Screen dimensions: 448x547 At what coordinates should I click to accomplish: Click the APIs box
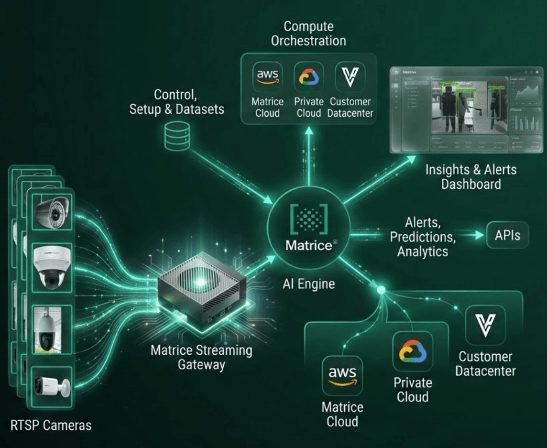(508, 235)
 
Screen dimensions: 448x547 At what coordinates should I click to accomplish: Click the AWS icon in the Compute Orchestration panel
(268, 76)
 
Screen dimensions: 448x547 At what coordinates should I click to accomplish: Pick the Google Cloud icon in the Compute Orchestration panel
(309, 76)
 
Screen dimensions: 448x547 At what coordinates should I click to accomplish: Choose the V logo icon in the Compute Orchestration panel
(350, 76)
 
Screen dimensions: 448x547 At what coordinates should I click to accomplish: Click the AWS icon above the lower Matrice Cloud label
(342, 375)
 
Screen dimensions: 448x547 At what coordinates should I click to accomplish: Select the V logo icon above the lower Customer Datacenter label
(485, 325)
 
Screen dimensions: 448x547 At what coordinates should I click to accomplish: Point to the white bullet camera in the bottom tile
(52, 386)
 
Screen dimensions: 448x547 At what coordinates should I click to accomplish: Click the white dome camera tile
(52, 268)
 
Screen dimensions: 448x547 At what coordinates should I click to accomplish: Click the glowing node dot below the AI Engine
(381, 290)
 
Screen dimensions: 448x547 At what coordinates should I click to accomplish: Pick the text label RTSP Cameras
(51, 426)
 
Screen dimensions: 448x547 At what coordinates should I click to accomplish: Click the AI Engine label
(309, 284)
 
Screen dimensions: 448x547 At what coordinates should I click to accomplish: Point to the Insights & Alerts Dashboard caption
(471, 176)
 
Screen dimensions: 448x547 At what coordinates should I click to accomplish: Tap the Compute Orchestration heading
(308, 33)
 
